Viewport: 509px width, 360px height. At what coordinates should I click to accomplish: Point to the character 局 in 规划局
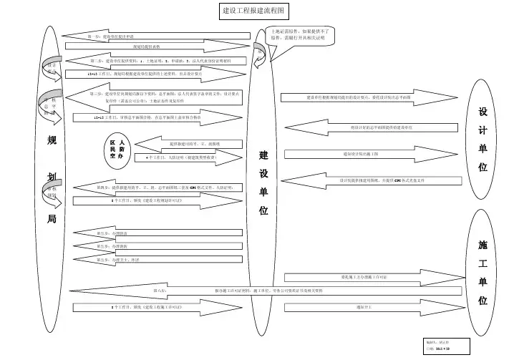52,219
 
